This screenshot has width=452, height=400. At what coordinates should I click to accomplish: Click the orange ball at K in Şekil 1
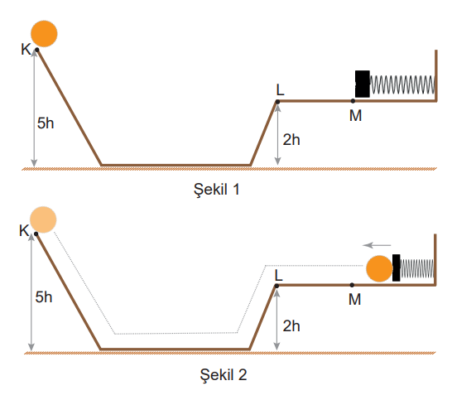pos(44,34)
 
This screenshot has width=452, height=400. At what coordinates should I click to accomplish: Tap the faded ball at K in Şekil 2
pos(43,219)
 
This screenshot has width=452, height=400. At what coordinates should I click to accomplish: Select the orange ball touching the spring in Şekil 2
pos(379,268)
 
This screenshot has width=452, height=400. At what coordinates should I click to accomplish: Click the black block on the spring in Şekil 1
pos(363,84)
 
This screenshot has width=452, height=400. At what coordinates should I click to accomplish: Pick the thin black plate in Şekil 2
pos(396,267)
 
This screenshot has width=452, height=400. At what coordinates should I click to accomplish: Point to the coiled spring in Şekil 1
pos(402,84)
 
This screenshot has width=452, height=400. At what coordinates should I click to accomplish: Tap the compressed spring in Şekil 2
pos(417,268)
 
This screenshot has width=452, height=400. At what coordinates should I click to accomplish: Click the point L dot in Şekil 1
pos(277,102)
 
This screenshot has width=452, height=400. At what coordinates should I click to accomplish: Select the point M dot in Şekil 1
pos(353,101)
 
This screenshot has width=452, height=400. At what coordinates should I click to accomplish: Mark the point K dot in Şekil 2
pos(36,234)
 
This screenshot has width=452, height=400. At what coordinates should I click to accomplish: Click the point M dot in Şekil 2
pos(352,285)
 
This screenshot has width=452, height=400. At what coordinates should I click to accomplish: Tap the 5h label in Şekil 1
pos(46,123)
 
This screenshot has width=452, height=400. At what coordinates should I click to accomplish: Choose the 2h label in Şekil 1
pos(291,140)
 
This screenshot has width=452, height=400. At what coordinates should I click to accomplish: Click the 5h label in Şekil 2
pos(44,297)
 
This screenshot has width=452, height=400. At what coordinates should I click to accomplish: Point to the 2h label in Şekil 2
pos(291,326)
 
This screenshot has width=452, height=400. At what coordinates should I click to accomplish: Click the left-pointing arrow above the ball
pos(377,245)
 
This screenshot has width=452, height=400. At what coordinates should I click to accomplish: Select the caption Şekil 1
pos(217,190)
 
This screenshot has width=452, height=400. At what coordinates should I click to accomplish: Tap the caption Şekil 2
pos(224,375)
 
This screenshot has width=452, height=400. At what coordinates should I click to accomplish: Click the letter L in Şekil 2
pos(278,276)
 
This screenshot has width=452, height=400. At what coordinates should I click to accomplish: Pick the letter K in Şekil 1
pos(26,50)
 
